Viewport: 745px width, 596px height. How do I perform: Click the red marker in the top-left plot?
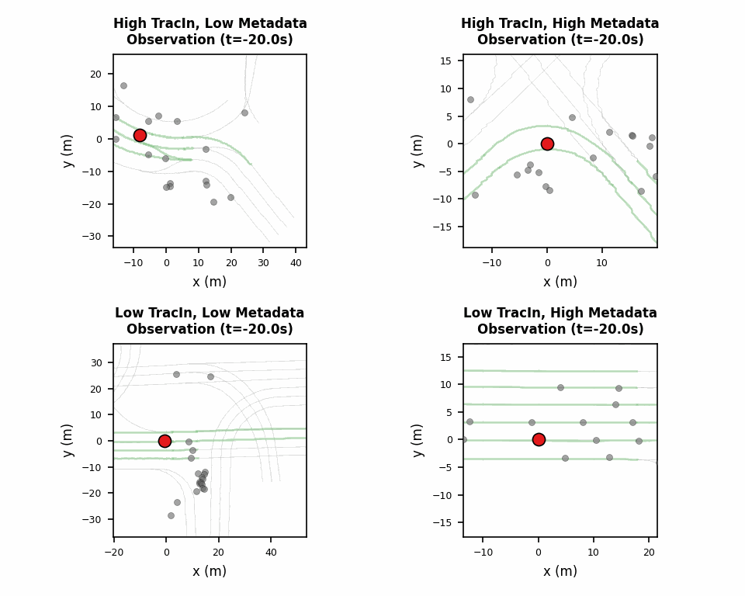coord(140,135)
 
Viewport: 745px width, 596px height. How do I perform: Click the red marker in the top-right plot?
coord(547,144)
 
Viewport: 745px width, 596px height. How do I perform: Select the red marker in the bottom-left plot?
coord(165,441)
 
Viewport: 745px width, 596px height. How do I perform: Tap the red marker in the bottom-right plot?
coord(539,439)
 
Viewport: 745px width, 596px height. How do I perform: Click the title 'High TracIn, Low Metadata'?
coord(210,24)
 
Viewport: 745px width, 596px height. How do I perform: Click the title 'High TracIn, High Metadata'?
coord(560,24)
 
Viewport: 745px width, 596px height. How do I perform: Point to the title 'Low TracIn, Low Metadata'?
coord(210,314)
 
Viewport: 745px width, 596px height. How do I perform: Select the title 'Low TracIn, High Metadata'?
coord(560,314)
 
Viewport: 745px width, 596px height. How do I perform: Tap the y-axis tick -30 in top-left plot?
coord(95,237)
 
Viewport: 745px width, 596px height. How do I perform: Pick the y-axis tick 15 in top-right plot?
coord(447,61)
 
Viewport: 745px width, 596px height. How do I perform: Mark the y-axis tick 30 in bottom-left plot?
coord(97,362)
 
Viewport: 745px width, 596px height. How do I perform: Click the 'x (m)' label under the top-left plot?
coord(210,282)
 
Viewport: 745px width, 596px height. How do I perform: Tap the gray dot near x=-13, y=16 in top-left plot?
coord(123,85)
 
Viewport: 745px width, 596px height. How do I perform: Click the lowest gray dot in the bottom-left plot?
coord(171,515)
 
